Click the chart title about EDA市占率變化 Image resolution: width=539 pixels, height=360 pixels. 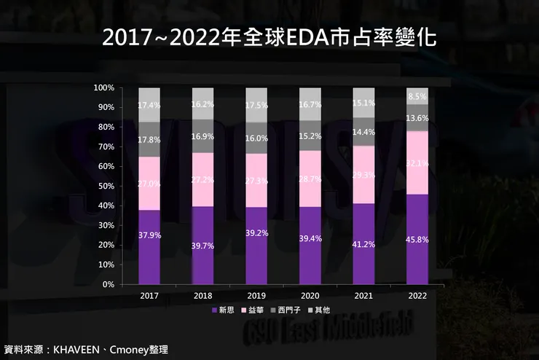[x=269, y=38]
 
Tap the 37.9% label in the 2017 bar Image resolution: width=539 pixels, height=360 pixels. [x=149, y=235]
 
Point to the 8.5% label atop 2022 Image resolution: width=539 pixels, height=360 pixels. [x=417, y=96]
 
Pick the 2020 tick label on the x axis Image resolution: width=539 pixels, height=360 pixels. [x=310, y=296]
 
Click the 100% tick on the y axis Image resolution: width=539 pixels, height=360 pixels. [x=103, y=88]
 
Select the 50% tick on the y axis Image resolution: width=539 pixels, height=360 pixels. [x=106, y=187]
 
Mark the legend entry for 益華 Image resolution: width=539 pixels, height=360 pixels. [x=256, y=310]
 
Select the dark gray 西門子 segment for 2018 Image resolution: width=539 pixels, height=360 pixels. [x=203, y=136]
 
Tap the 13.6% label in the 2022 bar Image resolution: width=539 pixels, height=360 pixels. [x=417, y=118]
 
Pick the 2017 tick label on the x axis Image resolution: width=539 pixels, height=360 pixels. [x=149, y=296]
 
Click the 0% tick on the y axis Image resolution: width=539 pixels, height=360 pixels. [x=108, y=285]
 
